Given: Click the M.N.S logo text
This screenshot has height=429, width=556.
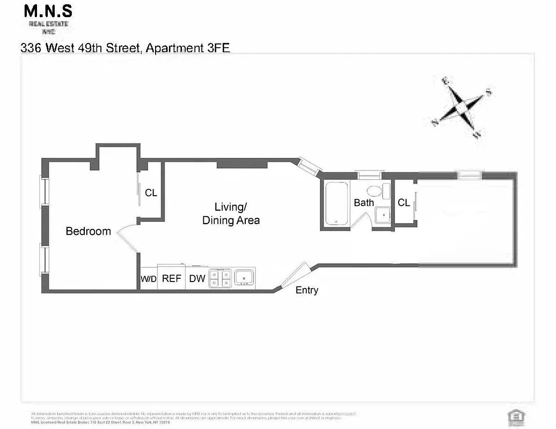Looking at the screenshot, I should click(x=48, y=12).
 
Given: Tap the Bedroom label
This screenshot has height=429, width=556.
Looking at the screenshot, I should click(x=88, y=231).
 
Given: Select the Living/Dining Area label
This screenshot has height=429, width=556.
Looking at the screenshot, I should click(x=231, y=213).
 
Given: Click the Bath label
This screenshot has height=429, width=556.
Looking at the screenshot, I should click(x=363, y=203).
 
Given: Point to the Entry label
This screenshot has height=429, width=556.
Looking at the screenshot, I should click(x=307, y=290).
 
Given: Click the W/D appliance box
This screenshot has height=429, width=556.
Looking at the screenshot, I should click(x=148, y=279).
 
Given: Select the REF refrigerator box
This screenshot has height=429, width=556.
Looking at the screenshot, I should click(x=171, y=279).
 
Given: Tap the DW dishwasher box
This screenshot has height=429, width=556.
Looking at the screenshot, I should click(x=197, y=279).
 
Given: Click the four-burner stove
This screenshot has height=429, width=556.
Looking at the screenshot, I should click(x=220, y=278).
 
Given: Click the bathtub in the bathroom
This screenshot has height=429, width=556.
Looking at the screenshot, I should click(x=336, y=204).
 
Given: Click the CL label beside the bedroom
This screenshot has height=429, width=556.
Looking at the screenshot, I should click(x=151, y=193).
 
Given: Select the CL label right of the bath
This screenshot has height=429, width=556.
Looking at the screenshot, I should click(x=404, y=203).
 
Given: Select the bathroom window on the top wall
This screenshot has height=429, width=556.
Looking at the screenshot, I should click(x=370, y=174).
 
